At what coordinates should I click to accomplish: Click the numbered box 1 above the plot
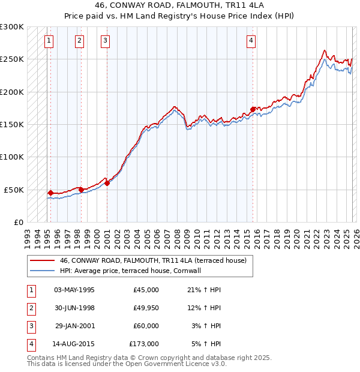pyautogui.click(x=49, y=41)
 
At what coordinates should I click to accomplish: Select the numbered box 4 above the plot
pyautogui.click(x=251, y=41)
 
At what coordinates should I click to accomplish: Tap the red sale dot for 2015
pyautogui.click(x=253, y=109)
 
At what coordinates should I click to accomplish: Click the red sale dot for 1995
pyautogui.click(x=50, y=193)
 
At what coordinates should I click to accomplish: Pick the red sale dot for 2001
pyautogui.click(x=107, y=183)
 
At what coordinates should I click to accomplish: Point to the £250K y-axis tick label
pyautogui.click(x=12, y=59)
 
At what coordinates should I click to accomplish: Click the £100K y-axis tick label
pyautogui.click(x=12, y=157)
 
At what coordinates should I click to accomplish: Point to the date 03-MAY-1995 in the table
pyautogui.click(x=74, y=290)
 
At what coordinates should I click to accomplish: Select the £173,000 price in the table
pyautogui.click(x=144, y=344)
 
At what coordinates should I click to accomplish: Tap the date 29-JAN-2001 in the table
pyautogui.click(x=74, y=326)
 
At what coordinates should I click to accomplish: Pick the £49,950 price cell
pyautogui.click(x=145, y=308)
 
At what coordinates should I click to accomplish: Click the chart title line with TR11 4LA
pyautogui.click(x=180, y=5)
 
